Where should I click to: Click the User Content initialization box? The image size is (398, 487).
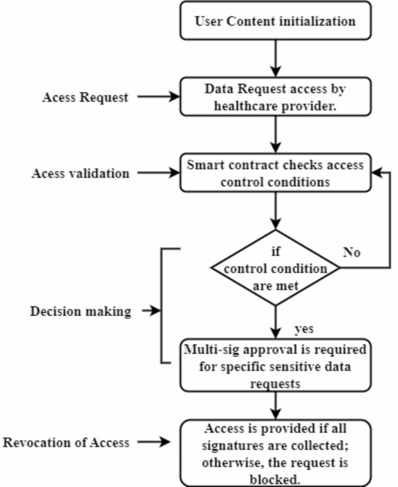(275, 21)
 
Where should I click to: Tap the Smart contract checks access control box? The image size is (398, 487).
(275, 172)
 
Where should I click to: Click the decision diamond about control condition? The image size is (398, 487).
(275, 268)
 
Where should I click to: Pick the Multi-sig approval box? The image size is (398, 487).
(275, 365)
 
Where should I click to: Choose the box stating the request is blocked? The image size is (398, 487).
(275, 453)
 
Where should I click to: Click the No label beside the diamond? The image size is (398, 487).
(351, 252)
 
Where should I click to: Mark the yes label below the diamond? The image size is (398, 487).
(305, 330)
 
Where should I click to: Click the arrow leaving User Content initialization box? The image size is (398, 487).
(275, 58)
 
